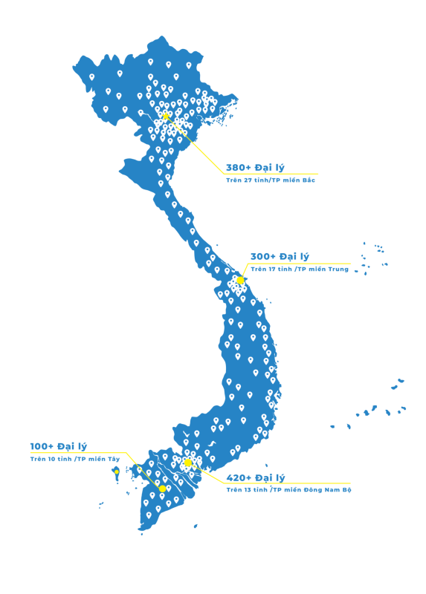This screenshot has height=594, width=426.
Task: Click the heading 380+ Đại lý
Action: [255, 168]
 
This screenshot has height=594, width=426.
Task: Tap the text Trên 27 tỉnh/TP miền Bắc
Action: [271, 180]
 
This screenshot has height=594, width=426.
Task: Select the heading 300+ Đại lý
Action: [280, 256]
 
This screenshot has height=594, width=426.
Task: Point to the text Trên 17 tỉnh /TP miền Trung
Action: [300, 269]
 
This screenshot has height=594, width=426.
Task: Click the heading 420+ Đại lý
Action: [256, 477]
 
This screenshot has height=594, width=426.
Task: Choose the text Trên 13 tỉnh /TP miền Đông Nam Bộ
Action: [288, 490]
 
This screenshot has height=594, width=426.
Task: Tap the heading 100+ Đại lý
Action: [59, 446]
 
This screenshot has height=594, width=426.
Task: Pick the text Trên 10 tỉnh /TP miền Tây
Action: [75, 459]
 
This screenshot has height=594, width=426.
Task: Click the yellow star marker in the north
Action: [165, 116]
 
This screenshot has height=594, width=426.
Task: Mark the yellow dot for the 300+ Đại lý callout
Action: [240, 281]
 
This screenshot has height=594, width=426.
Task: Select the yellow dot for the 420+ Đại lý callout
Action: [188, 463]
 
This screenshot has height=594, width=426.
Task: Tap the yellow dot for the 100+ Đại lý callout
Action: [162, 489]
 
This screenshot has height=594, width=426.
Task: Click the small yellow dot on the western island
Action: [117, 472]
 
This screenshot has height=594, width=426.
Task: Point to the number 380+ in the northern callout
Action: [239, 168]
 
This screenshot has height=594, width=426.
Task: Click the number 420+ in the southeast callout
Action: [239, 477]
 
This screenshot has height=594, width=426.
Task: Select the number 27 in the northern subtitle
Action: [248, 180]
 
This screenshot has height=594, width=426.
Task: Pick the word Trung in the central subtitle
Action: [339, 270]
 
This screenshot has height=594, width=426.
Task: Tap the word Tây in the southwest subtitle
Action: [114, 459]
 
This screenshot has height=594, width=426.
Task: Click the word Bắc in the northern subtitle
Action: [309, 180]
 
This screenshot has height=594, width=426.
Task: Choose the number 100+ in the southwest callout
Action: [42, 446]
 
